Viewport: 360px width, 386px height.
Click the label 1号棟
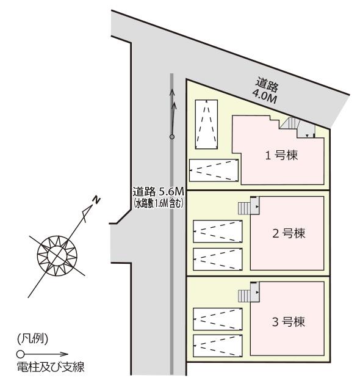click(281, 155)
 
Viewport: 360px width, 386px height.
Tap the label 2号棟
click(289, 233)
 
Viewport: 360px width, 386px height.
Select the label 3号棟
click(289, 321)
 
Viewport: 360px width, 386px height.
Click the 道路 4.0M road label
click(266, 90)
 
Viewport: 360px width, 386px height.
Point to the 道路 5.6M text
click(158, 191)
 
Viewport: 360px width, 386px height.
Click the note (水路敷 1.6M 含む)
click(158, 203)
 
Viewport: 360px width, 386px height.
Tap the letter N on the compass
click(96, 200)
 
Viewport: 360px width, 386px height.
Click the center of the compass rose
click(57, 255)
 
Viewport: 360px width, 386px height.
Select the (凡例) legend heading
click(32, 339)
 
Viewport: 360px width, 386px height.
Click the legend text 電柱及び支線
click(51, 367)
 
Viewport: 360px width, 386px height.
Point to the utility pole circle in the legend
click(20, 354)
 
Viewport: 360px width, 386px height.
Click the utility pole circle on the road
click(172, 137)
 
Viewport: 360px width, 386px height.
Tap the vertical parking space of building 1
click(206, 125)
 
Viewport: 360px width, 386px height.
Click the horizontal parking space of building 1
click(214, 170)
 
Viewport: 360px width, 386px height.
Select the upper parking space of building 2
click(218, 231)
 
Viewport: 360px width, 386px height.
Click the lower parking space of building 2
click(218, 259)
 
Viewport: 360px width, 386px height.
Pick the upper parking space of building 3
click(218, 319)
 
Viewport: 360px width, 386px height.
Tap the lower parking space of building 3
click(218, 346)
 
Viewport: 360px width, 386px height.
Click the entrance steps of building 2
click(244, 208)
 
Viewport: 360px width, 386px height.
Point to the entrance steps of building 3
click(244, 296)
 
